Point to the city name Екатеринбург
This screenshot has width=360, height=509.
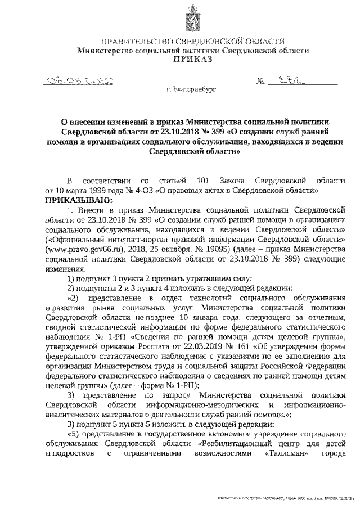(x=191, y=89)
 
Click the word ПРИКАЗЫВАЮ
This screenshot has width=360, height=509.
(x=74, y=200)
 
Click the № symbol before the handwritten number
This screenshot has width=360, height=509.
(x=260, y=82)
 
